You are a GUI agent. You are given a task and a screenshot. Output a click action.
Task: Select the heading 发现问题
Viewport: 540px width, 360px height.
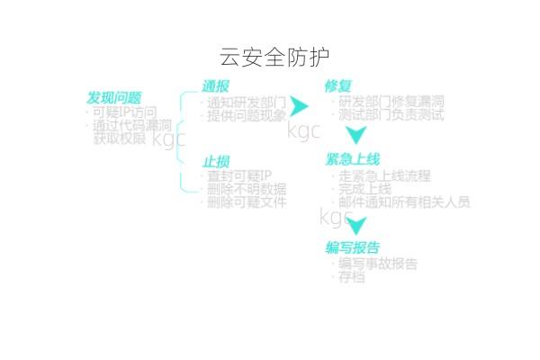(113, 97)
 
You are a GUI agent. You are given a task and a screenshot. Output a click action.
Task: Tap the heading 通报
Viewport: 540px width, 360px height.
(215, 86)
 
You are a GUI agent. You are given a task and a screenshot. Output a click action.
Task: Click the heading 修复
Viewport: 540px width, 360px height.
(337, 86)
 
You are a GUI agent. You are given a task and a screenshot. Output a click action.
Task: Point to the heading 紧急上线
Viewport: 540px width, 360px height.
(353, 159)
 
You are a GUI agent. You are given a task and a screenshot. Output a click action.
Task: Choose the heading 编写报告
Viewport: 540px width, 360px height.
(352, 247)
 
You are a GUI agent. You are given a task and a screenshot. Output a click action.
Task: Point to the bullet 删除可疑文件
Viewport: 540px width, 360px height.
(247, 202)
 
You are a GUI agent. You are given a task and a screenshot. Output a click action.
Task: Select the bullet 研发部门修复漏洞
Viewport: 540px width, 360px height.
(392, 102)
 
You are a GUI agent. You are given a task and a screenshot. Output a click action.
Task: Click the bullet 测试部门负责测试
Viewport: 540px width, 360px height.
(392, 115)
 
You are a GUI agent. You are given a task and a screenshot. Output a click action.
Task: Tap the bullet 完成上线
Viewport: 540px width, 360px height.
(365, 189)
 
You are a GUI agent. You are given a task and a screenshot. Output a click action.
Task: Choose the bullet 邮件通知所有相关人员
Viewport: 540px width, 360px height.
(405, 202)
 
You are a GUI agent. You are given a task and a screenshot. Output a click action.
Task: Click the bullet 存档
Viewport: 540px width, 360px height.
(352, 278)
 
